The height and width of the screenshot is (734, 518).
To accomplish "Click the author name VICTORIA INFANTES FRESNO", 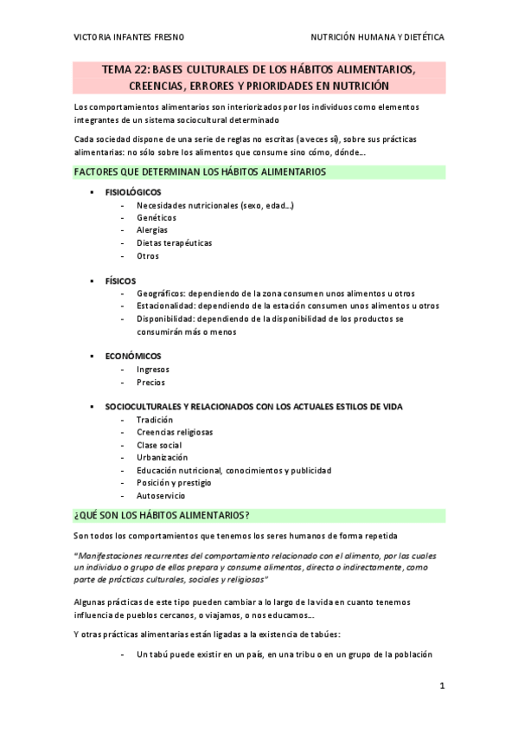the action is coord(129,38).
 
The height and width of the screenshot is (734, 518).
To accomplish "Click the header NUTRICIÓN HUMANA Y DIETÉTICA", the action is coord(378,38).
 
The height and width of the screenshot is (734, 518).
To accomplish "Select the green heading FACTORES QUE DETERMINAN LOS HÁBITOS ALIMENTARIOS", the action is coord(200,172).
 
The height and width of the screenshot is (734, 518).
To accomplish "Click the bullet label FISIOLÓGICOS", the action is coord(133,192).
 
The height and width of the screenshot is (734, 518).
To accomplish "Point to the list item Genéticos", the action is coord(156,217).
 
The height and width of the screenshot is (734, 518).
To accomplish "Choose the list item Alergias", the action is coord(152,230).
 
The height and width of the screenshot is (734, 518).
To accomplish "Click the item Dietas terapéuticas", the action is coord(174,243).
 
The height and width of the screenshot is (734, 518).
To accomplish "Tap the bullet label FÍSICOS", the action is coord(120,281).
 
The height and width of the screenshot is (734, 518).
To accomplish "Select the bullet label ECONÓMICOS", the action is coord(133,356).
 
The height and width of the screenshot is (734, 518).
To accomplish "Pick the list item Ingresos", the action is coord(153,369).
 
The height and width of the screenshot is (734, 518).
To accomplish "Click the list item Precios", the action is coord(150,382).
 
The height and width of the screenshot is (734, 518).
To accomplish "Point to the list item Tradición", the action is coord(155,420).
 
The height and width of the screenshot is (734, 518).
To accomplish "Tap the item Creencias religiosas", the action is coord(175,432).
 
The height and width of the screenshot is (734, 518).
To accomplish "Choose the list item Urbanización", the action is coord(162,457).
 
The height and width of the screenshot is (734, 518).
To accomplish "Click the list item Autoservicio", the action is coord(161,496).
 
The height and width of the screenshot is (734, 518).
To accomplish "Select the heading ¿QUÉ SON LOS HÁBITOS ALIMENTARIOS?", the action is coord(162,516).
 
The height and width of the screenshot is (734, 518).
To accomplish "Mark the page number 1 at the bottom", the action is coord(441,686).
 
